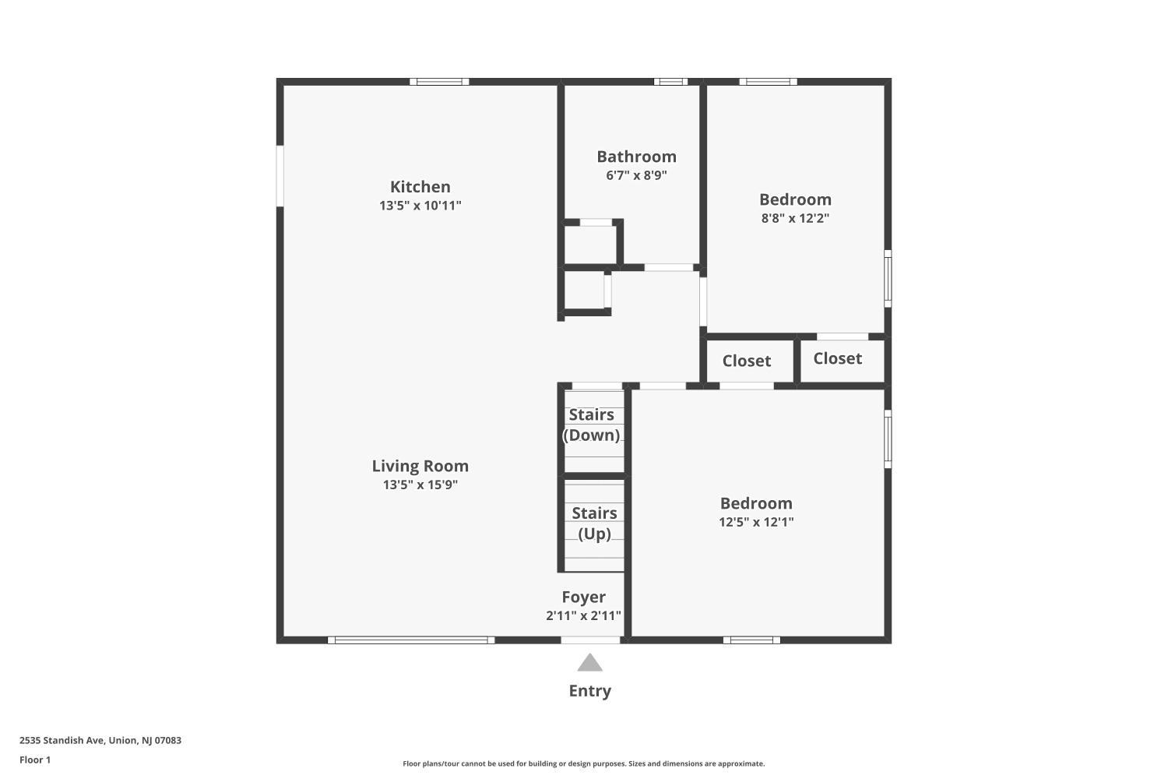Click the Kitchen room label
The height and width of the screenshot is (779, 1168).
point(420,187)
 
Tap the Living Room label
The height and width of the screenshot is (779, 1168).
point(420,466)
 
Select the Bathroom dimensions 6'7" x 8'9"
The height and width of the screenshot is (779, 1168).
point(636,175)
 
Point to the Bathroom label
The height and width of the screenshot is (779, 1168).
point(636,157)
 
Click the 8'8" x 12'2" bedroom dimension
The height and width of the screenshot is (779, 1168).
point(795,218)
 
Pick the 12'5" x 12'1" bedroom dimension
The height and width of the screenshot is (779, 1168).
point(756,522)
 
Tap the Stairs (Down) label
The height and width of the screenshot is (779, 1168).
point(591,425)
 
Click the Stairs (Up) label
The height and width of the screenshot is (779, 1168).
point(594,523)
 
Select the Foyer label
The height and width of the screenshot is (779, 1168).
point(583,597)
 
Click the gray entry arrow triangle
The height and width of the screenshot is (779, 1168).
point(589,664)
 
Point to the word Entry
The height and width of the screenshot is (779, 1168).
point(589,691)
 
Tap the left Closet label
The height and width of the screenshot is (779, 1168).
point(746,361)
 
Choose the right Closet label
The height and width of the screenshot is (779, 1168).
point(837,358)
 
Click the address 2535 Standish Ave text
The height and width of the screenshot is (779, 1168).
point(63,740)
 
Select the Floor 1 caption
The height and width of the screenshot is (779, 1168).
point(35,760)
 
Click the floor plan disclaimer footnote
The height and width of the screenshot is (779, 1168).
point(583,763)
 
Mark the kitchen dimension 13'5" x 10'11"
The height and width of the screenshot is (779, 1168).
point(420,206)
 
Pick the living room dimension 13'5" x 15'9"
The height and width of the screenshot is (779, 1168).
point(420,485)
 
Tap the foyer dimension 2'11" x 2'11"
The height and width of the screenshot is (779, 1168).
point(583,615)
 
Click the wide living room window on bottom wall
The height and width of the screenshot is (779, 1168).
point(411,640)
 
